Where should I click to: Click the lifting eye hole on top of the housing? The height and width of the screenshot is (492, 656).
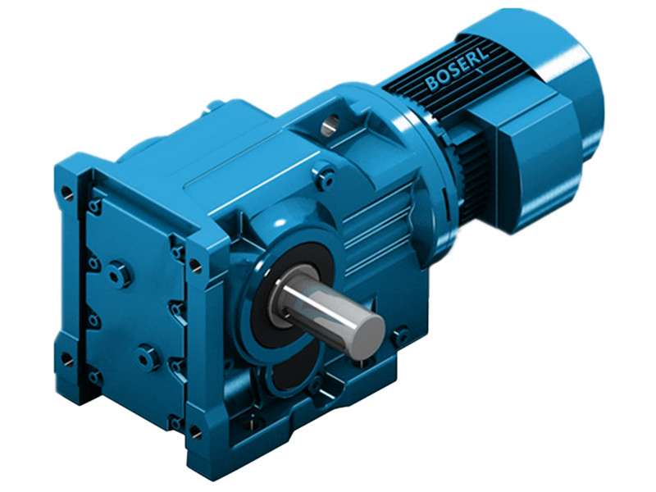(x=330, y=125)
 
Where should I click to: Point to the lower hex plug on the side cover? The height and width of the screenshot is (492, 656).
(x=148, y=358)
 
